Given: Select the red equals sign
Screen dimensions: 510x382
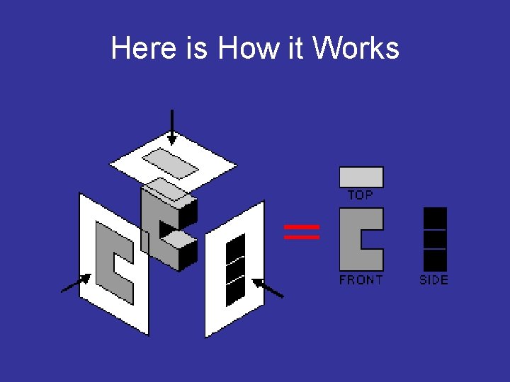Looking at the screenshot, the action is click(x=302, y=232).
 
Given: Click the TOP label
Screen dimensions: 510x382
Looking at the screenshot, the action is click(x=361, y=195).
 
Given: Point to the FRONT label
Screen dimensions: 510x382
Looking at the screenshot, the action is click(x=361, y=280).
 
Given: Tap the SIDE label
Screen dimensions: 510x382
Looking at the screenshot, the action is click(x=433, y=280).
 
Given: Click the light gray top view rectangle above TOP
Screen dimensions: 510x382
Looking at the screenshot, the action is click(x=361, y=177).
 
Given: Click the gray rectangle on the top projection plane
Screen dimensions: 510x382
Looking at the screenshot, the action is click(x=171, y=164).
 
